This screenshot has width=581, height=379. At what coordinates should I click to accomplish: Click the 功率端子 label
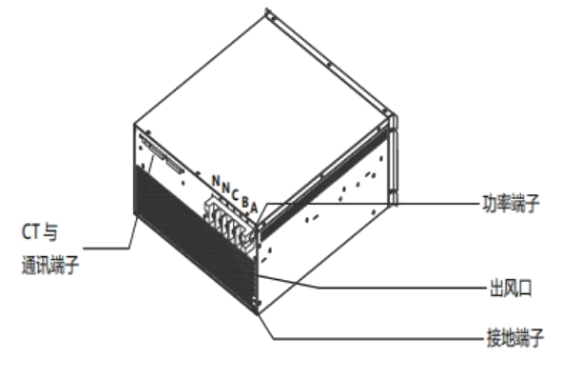click(x=512, y=203)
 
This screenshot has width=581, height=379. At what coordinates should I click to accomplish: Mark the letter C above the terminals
click(x=234, y=194)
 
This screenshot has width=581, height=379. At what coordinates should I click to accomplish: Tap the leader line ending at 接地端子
click(x=380, y=339)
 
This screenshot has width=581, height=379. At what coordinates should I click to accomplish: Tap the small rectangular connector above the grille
click(x=176, y=165)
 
